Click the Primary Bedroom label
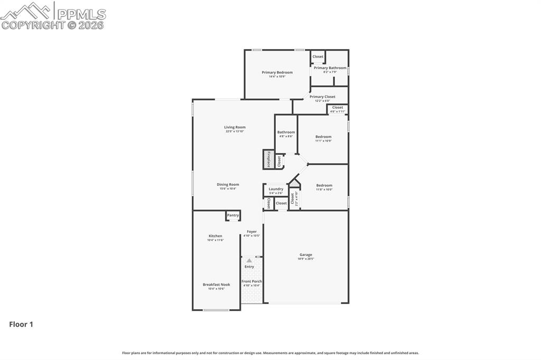coord(277,72)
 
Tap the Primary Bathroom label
coord(330,68)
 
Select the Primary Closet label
coord(322,97)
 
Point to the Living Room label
coord(235,127)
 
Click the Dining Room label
coord(228,185)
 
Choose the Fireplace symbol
coord(268,159)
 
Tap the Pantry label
coord(232,215)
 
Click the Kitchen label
coord(215,236)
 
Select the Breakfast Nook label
coord(216,285)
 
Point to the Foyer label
coord(251,232)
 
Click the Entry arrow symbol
coord(249,261)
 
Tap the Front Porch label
coord(251,281)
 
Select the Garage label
coord(305,254)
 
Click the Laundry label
coord(276,189)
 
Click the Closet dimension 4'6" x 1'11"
coord(338,112)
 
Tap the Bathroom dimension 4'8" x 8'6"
coord(286,136)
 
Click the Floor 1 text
coord(21,325)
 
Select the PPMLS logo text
coord(80,14)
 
